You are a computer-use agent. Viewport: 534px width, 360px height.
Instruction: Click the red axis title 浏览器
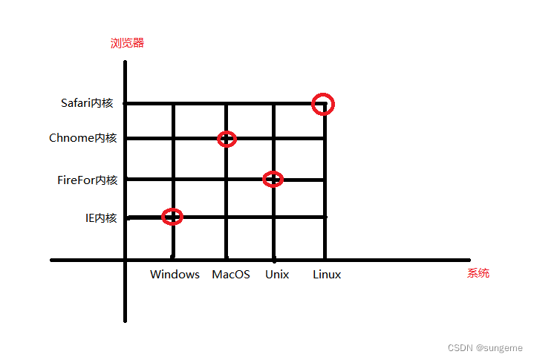click(x=127, y=43)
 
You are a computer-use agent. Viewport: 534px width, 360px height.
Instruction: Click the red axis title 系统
click(x=478, y=273)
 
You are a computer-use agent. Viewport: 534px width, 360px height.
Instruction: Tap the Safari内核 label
click(x=87, y=103)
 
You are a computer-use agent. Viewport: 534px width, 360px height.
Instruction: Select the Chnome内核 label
click(x=82, y=138)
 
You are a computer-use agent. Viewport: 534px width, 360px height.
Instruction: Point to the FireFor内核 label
click(x=87, y=180)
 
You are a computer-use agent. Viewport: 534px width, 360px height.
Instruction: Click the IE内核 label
click(x=101, y=217)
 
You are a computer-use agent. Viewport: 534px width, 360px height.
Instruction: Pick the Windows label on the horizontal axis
click(x=175, y=275)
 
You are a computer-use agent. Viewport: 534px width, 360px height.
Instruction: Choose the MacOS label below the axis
click(x=231, y=275)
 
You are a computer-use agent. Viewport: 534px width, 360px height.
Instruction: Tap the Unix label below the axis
click(x=277, y=275)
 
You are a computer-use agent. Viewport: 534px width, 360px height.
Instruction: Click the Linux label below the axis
click(x=327, y=275)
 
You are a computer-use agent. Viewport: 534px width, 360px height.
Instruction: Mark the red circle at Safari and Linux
click(x=324, y=104)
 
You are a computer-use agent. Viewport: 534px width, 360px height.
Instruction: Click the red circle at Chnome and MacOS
click(x=227, y=139)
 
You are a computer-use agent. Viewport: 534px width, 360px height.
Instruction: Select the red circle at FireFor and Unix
click(x=273, y=179)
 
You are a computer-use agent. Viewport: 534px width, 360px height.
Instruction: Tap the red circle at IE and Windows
click(x=172, y=217)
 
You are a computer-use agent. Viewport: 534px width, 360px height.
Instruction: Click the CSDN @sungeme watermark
click(x=484, y=347)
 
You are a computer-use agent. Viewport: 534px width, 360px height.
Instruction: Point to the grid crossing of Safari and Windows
click(x=173, y=104)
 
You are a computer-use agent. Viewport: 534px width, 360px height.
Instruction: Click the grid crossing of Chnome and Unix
click(x=274, y=139)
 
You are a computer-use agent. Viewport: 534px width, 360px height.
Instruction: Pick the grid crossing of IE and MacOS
click(x=227, y=217)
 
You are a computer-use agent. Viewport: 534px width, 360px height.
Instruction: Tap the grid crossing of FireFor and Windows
click(x=173, y=179)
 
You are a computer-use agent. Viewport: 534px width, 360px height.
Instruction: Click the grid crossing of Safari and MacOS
click(x=227, y=104)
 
